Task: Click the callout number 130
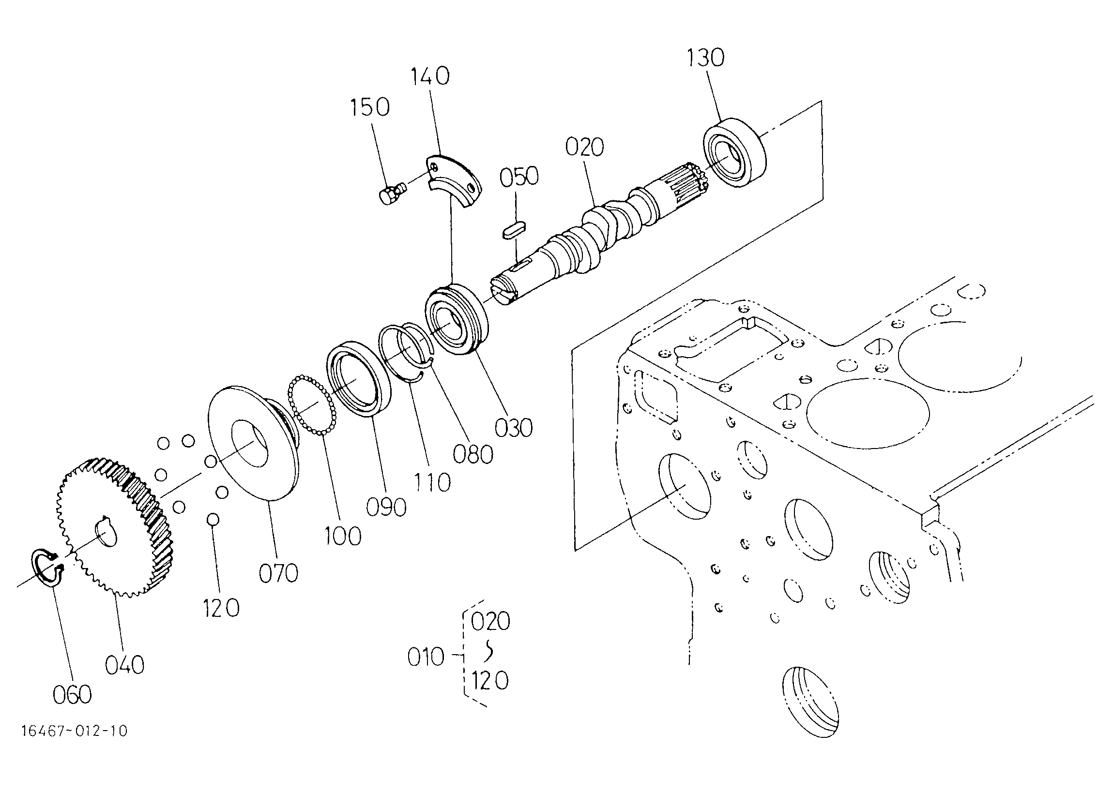click(x=705, y=58)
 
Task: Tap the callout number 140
click(x=429, y=76)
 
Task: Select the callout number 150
click(x=369, y=107)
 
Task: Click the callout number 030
click(x=513, y=428)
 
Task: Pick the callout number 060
click(x=72, y=694)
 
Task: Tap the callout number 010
click(x=426, y=657)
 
